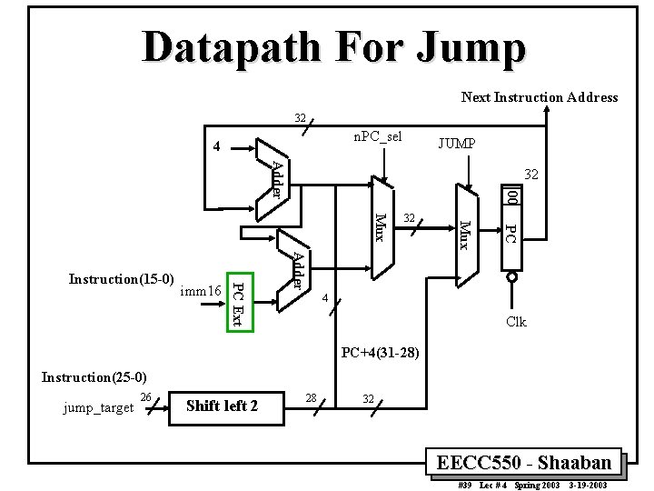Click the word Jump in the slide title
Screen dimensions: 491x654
coord(461,46)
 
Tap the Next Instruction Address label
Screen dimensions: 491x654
coord(539,97)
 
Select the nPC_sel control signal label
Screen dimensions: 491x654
coord(377,137)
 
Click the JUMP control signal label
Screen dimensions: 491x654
coord(461,143)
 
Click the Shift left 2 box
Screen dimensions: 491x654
coord(222,406)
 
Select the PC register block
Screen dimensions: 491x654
coord(511,232)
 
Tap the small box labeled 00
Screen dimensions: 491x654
coord(511,195)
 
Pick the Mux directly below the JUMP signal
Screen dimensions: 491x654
coord(465,233)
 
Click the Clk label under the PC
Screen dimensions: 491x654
coord(516,322)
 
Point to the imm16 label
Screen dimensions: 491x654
coord(201,291)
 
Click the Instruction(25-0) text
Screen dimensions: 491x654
coord(94,376)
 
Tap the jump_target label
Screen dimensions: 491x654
coord(97,407)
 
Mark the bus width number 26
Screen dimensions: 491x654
coord(146,396)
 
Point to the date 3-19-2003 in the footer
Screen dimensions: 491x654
coord(588,486)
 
